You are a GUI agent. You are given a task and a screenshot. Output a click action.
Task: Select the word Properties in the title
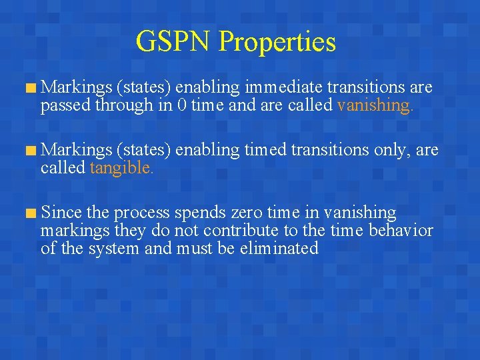coord(277,43)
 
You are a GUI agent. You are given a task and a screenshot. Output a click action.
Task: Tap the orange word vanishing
coord(375,105)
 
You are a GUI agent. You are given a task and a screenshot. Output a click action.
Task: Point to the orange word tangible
coord(121,168)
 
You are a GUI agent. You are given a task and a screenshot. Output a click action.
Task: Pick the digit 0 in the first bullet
coord(182,105)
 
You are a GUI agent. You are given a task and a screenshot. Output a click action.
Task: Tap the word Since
coord(61,213)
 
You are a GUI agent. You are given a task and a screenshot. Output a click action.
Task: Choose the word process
coord(141,214)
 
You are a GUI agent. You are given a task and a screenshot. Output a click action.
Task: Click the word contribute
coord(243,231)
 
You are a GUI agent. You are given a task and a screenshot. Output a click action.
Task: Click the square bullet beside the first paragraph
coord(30,88)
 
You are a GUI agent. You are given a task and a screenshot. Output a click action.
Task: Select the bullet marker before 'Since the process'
coord(30,214)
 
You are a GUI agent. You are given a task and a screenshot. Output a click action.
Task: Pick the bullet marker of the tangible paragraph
coord(30,151)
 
